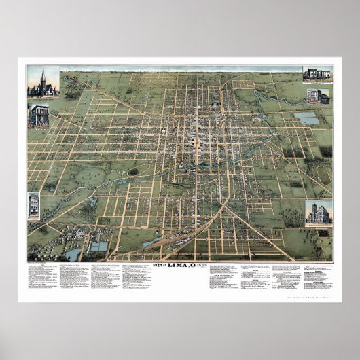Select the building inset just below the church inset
tap(38, 115)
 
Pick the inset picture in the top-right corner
tap(317, 75)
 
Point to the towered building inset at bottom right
tap(318, 214)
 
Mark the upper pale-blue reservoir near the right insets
tap(304, 115)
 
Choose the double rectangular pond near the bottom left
tap(98, 247)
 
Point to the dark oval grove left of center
tap(133, 172)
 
